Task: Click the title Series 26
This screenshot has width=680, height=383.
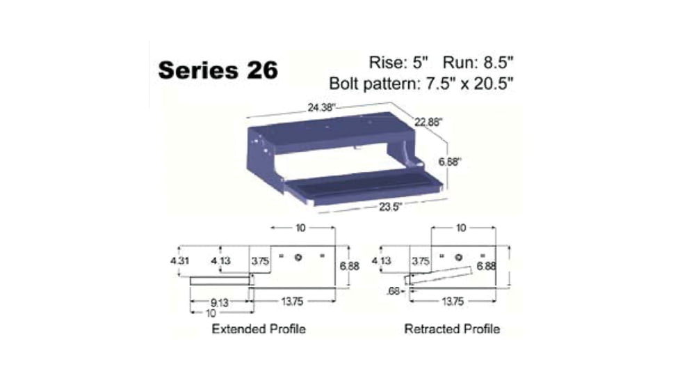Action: (218, 70)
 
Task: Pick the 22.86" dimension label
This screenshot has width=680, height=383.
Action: (429, 121)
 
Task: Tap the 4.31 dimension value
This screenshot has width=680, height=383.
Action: (179, 261)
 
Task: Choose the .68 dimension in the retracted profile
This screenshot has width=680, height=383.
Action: (394, 291)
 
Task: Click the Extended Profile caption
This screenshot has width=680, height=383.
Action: (258, 329)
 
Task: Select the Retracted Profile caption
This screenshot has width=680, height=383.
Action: (452, 329)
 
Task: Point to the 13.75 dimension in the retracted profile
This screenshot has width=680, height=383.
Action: (452, 302)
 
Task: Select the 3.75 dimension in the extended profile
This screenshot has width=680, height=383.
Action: (261, 261)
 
